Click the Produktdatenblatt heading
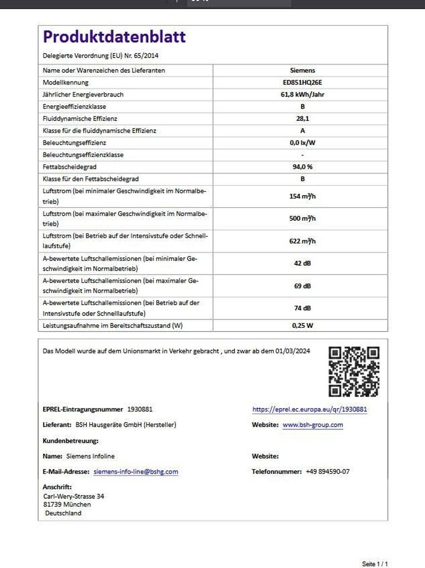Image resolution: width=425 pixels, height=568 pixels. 114,37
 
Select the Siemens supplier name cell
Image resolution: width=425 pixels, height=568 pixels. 302,70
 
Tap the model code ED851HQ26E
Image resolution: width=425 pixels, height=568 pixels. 302,82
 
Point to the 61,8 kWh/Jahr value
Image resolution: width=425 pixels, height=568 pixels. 302,94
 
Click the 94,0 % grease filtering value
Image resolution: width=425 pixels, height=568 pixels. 302,166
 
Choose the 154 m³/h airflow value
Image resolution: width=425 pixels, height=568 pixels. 302,196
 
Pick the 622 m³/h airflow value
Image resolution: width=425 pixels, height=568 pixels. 302,240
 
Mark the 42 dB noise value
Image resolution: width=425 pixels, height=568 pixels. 302,263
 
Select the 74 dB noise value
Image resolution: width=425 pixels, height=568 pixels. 302,307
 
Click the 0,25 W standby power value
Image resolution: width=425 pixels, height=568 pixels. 302,326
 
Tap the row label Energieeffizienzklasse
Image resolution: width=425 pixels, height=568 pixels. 74,106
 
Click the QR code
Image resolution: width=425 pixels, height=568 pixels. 353,371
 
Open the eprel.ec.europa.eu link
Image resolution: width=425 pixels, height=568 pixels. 310,409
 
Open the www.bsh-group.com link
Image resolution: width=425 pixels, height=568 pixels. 313,425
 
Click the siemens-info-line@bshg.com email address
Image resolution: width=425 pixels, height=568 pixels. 136,471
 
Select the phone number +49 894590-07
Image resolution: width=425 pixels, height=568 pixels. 327,471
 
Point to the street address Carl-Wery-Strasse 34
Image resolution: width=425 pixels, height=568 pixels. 74,496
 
